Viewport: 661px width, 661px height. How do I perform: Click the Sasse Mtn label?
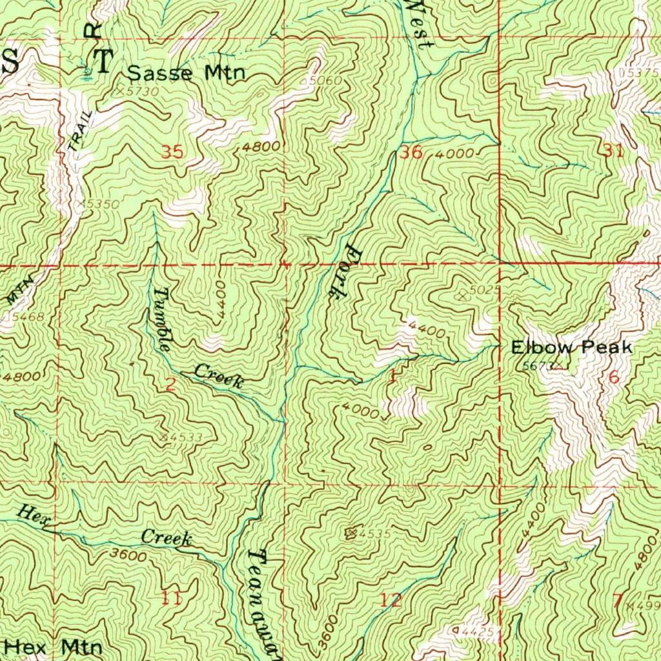pos(187,73)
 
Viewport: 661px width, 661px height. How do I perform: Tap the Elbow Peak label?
pos(571,348)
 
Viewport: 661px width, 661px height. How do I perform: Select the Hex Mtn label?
pos(53,646)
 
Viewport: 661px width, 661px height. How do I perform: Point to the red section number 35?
pos(172,153)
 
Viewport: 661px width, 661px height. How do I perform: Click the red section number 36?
pos(411,153)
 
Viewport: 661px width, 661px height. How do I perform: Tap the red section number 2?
pos(170,385)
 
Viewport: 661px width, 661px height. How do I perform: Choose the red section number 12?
pos(391,600)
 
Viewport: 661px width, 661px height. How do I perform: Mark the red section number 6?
pos(613,378)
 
